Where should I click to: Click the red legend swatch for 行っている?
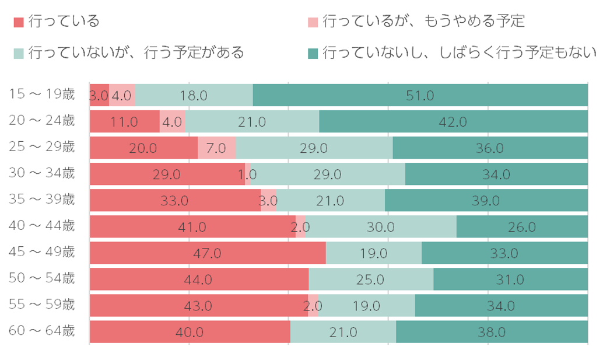(x=19, y=22)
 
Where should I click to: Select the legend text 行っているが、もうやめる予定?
(x=423, y=22)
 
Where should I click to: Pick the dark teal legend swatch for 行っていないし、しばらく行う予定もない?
(x=313, y=53)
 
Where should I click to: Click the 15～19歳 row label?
(x=43, y=95)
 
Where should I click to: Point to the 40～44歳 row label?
(x=43, y=226)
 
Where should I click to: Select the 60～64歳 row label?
(x=43, y=331)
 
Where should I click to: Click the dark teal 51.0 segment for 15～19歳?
(x=420, y=95)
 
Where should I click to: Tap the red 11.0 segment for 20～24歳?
(x=124, y=121)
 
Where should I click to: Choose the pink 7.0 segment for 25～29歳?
(x=216, y=148)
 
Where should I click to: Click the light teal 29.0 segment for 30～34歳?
(x=328, y=174)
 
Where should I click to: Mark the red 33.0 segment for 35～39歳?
(x=175, y=200)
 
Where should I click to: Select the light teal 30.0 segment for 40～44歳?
(x=381, y=226)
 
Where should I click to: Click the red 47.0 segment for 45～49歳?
(x=208, y=253)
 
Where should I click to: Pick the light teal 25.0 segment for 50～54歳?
(x=371, y=279)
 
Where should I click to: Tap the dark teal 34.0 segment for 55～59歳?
(x=501, y=305)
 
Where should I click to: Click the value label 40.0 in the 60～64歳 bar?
(x=190, y=332)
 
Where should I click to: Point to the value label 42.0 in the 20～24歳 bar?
(x=453, y=122)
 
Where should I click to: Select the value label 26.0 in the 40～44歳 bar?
(x=522, y=227)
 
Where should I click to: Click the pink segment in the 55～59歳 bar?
(x=313, y=305)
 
